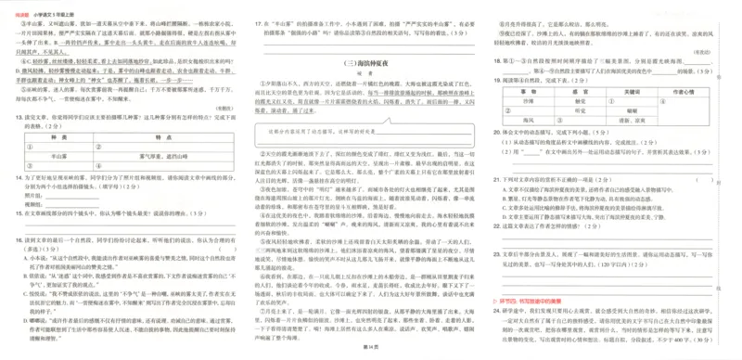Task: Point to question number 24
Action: point(498,311)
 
